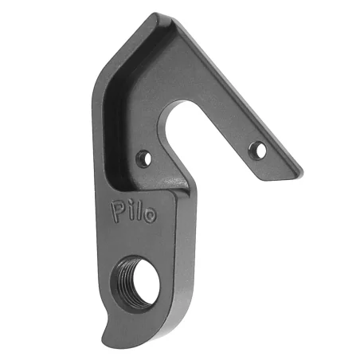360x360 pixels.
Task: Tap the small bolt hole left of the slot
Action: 143,158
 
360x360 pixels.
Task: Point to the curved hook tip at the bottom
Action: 106,338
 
